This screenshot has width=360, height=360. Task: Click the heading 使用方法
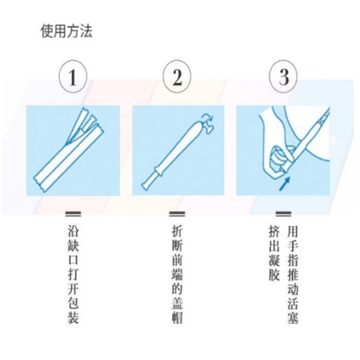click(67, 31)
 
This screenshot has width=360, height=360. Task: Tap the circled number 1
click(72, 77)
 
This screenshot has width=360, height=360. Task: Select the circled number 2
click(177, 77)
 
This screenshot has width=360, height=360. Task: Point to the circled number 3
click(284, 77)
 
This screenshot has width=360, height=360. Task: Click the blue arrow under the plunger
click(285, 182)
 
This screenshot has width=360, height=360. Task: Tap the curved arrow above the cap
click(208, 117)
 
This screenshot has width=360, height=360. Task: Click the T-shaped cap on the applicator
click(207, 127)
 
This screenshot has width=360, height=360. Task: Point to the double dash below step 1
click(73, 214)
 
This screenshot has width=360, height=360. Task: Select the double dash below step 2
click(177, 214)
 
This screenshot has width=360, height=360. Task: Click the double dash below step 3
click(283, 214)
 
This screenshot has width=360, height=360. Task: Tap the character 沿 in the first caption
click(73, 231)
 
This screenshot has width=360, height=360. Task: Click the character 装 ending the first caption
click(73, 317)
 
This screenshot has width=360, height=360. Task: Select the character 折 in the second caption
click(177, 231)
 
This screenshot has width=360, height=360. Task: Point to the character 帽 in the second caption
click(177, 317)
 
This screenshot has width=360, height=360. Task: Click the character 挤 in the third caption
click(274, 231)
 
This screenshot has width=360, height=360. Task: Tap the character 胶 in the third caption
click(274, 274)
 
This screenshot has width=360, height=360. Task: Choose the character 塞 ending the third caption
click(292, 317)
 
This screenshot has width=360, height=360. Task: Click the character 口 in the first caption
click(73, 260)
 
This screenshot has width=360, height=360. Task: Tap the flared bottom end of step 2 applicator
click(145, 185)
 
